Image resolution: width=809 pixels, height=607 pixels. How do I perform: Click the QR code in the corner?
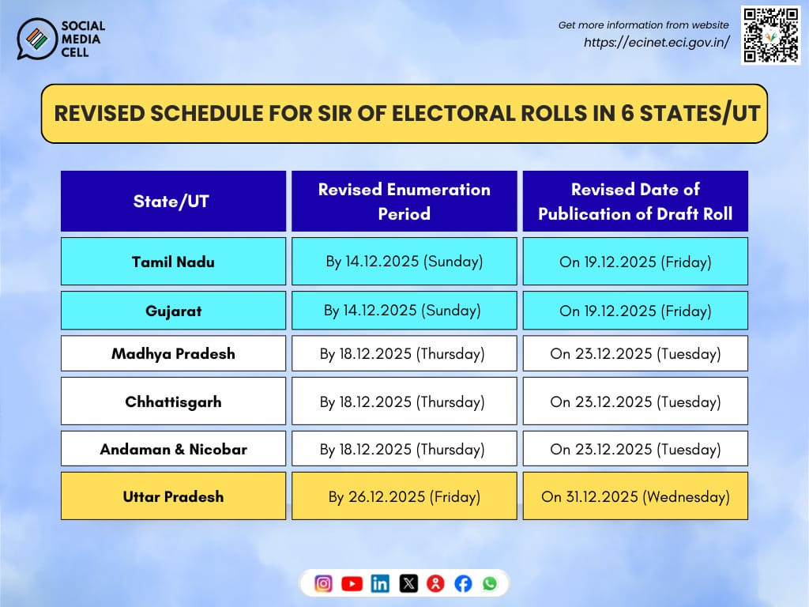[x=770, y=36]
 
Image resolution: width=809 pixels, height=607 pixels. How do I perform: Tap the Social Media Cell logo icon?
[x=36, y=39]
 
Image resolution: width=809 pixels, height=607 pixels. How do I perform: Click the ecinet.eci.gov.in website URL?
[x=656, y=43]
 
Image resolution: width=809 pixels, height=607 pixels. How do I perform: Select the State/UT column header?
[x=173, y=202]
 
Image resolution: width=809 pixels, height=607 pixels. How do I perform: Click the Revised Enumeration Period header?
[x=404, y=202]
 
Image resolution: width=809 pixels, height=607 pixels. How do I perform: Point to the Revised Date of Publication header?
[x=635, y=202]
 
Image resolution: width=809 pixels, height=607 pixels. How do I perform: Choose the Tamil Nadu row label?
[x=173, y=262]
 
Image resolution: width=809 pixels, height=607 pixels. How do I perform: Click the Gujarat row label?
[x=173, y=311]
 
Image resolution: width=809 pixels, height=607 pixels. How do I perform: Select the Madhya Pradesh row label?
[x=173, y=353]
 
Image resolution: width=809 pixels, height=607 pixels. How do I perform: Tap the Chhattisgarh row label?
[x=173, y=402]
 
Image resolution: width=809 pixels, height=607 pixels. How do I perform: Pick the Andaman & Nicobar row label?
[x=173, y=449]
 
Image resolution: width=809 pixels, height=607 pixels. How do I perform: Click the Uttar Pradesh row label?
[x=173, y=496]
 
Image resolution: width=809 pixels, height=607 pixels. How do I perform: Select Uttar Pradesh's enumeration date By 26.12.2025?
[x=404, y=497]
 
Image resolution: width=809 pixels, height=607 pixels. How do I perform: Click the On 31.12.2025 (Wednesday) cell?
[x=635, y=497]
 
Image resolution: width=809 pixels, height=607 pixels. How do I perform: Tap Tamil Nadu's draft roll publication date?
[x=635, y=262]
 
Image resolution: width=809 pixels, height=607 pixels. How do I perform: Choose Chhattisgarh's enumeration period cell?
[x=404, y=402]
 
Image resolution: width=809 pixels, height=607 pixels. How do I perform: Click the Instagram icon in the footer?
[x=323, y=584]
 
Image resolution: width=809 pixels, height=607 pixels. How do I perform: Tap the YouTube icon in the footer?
[x=352, y=584]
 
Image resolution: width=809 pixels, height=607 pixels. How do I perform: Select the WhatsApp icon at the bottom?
[x=490, y=583]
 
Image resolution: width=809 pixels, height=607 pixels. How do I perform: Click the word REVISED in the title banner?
[x=99, y=113]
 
